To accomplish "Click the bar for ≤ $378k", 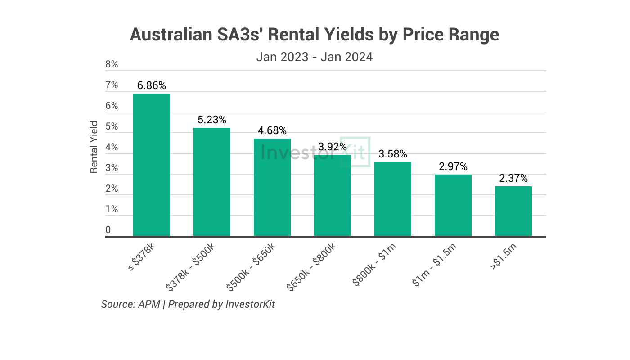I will (152, 165).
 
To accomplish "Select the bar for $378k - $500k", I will (212, 182).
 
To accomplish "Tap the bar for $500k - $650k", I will (272, 187).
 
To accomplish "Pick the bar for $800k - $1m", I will (393, 199).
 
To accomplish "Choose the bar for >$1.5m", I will (513, 211).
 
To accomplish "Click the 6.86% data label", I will (152, 85).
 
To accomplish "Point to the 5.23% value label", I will (212, 120).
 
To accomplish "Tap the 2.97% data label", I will (453, 166).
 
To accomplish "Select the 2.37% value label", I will (513, 178).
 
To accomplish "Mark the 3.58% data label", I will (393, 154).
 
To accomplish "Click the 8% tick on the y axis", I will (112, 64).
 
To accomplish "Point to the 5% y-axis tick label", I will (112, 126).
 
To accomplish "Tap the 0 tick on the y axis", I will (108, 230).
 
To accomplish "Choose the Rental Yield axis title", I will (94, 147).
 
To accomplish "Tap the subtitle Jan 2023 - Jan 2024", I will (315, 57).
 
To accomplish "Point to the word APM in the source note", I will (149, 304).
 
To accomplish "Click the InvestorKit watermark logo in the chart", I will (315, 152).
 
